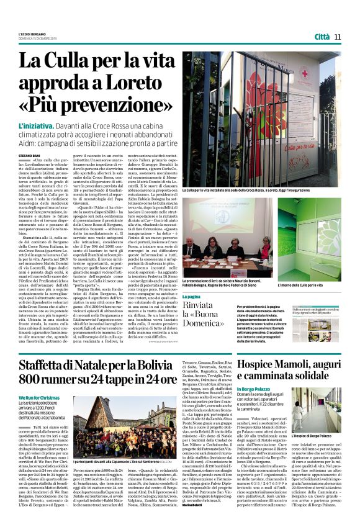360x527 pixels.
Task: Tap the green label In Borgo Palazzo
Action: [258, 390]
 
